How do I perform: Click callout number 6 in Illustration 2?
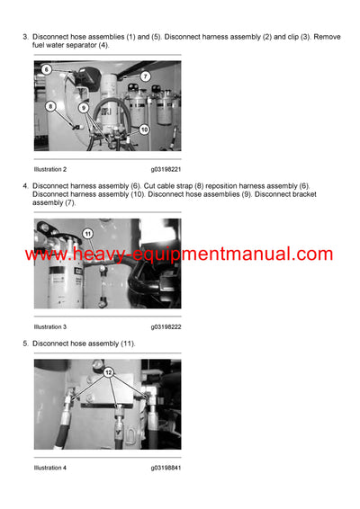coord(46,68)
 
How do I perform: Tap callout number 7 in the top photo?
coord(145,76)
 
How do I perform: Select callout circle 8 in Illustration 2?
coord(50,106)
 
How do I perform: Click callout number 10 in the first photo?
coord(143,129)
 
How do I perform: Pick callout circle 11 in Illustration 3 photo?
coord(88,234)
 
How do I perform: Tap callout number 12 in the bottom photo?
coord(110,371)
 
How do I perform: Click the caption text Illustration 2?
coord(50,169)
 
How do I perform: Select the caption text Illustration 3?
coord(50,326)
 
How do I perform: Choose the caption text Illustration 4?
coord(50,468)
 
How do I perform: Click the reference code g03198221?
coord(166,169)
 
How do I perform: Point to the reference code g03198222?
coord(166,326)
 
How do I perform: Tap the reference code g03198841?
coord(166,468)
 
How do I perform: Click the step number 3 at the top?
coord(24,36)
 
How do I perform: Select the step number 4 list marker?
coord(24,185)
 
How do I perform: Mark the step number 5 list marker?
coord(24,344)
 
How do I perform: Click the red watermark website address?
coord(179,254)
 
